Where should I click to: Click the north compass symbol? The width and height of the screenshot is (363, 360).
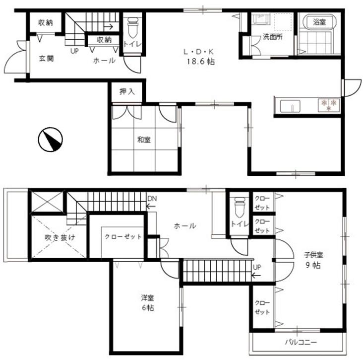click(51, 140)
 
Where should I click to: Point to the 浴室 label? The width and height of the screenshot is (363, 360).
click(319, 22)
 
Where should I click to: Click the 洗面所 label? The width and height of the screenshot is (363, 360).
click(272, 36)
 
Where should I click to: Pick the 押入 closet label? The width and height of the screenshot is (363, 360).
click(126, 91)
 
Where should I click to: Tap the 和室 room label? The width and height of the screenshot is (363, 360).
click(144, 140)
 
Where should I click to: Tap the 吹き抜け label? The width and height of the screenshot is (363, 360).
click(58, 237)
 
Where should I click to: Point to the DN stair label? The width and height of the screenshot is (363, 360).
click(152, 199)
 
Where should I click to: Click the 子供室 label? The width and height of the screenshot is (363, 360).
click(313, 255)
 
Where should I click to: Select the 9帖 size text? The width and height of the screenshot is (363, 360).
click(313, 265)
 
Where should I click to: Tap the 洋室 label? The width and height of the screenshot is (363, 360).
click(146, 298)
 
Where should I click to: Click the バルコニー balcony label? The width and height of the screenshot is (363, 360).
click(301, 342)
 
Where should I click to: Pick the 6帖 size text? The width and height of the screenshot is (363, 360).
click(146, 308)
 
